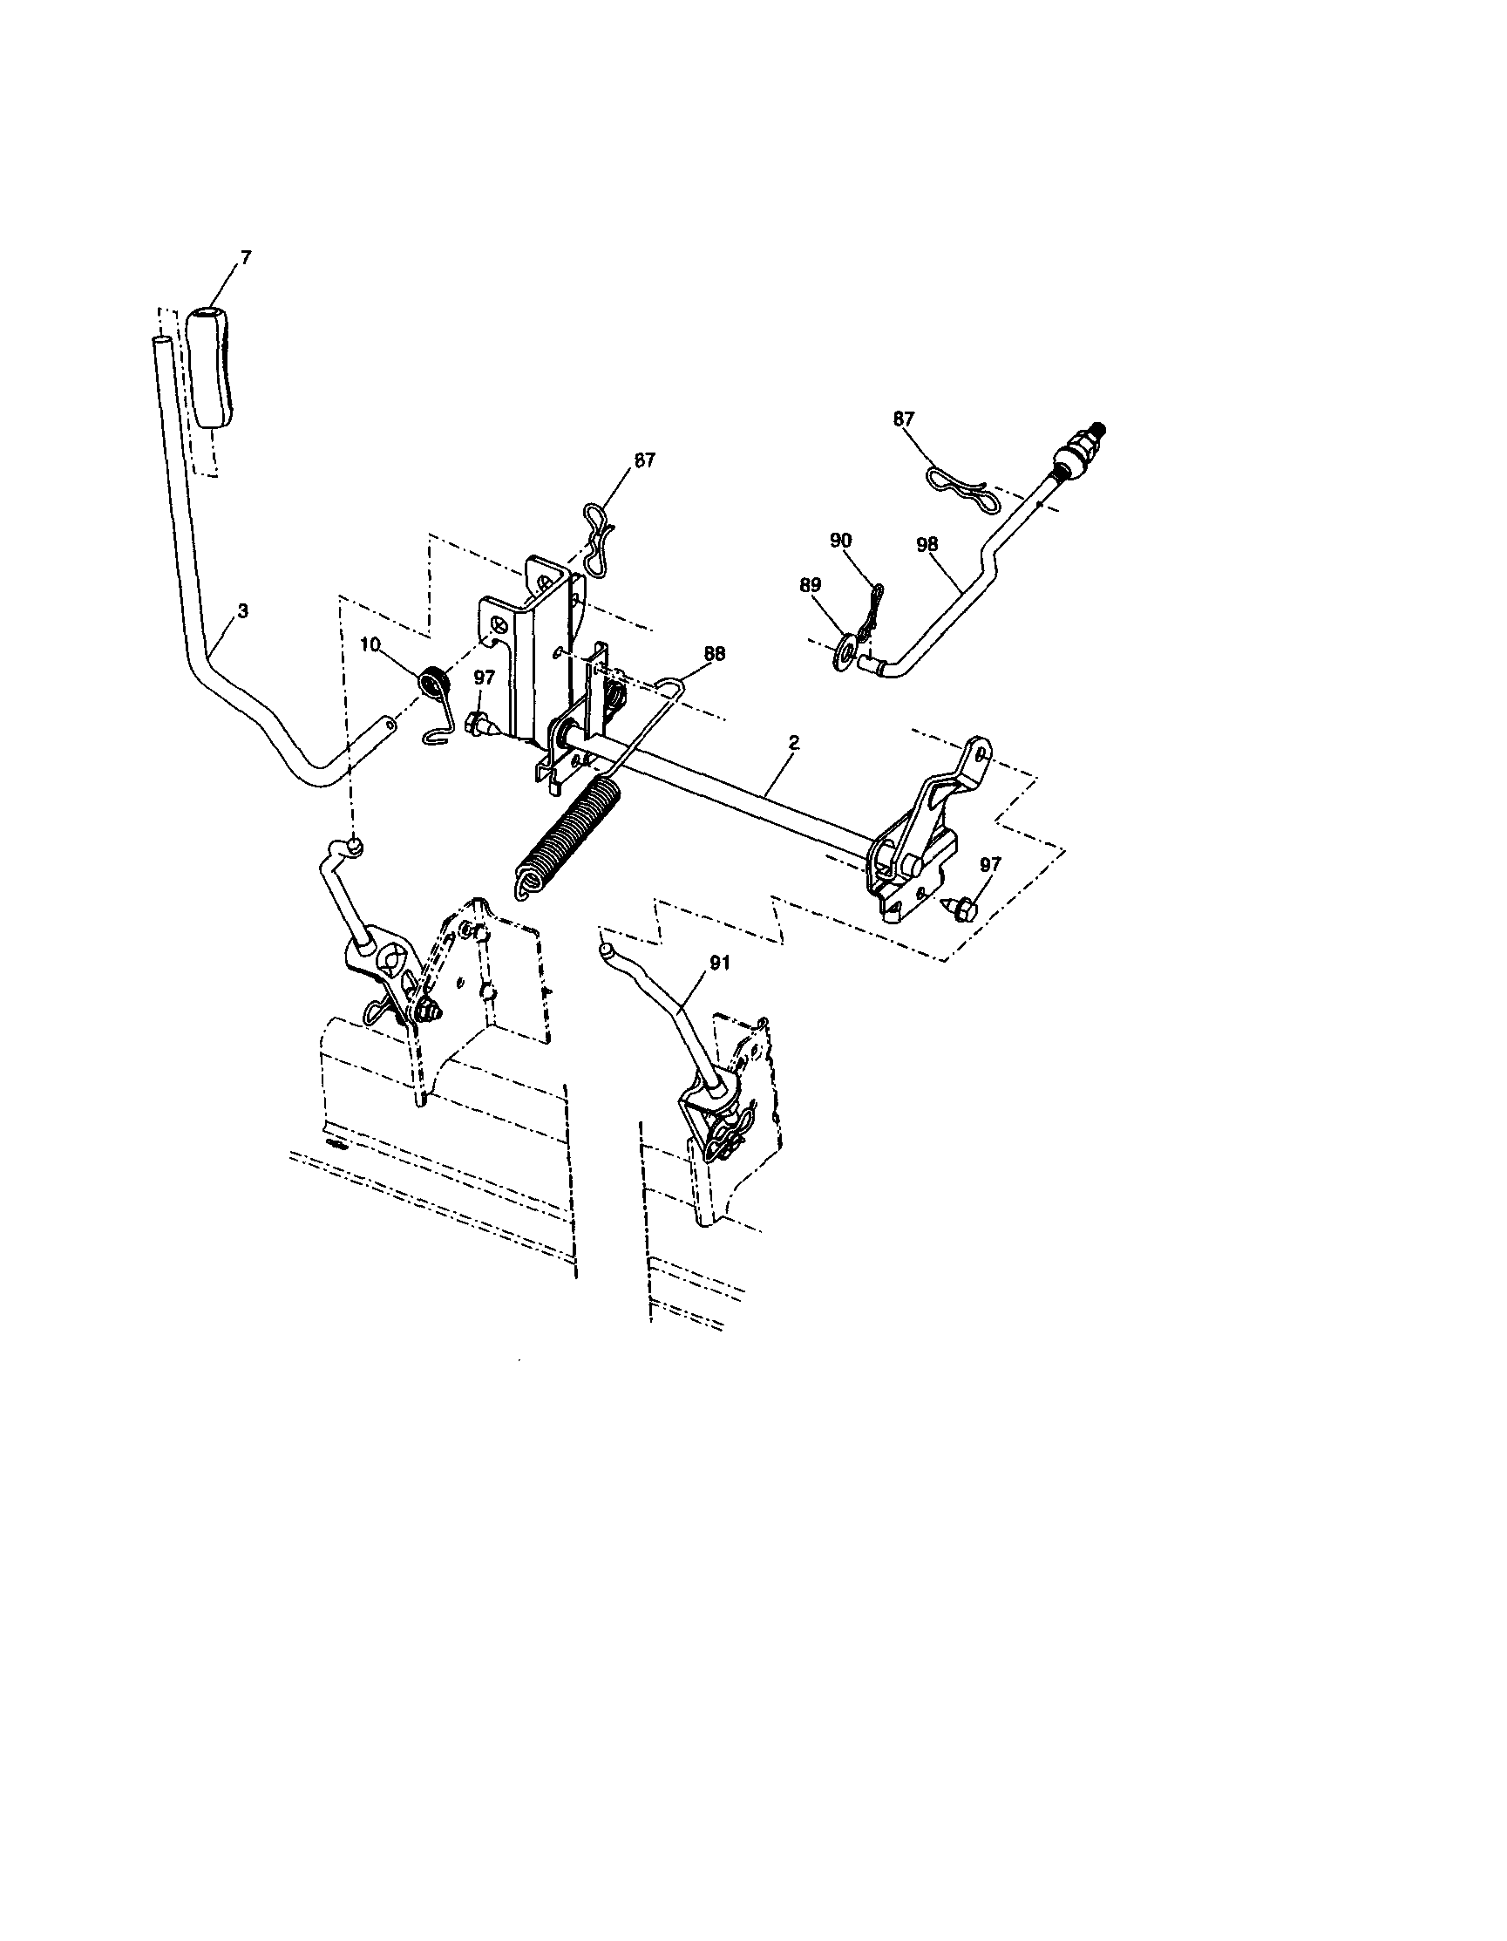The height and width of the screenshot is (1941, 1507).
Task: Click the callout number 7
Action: (246, 258)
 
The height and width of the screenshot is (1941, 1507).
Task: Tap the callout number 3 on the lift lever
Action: (242, 611)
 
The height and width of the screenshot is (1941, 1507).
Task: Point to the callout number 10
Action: (371, 643)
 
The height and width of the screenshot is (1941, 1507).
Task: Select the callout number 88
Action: (714, 653)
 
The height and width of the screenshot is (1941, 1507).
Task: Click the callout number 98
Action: (927, 544)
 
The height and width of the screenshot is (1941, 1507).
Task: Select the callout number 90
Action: (840, 540)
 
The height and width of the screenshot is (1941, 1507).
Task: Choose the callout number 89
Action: (811, 585)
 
